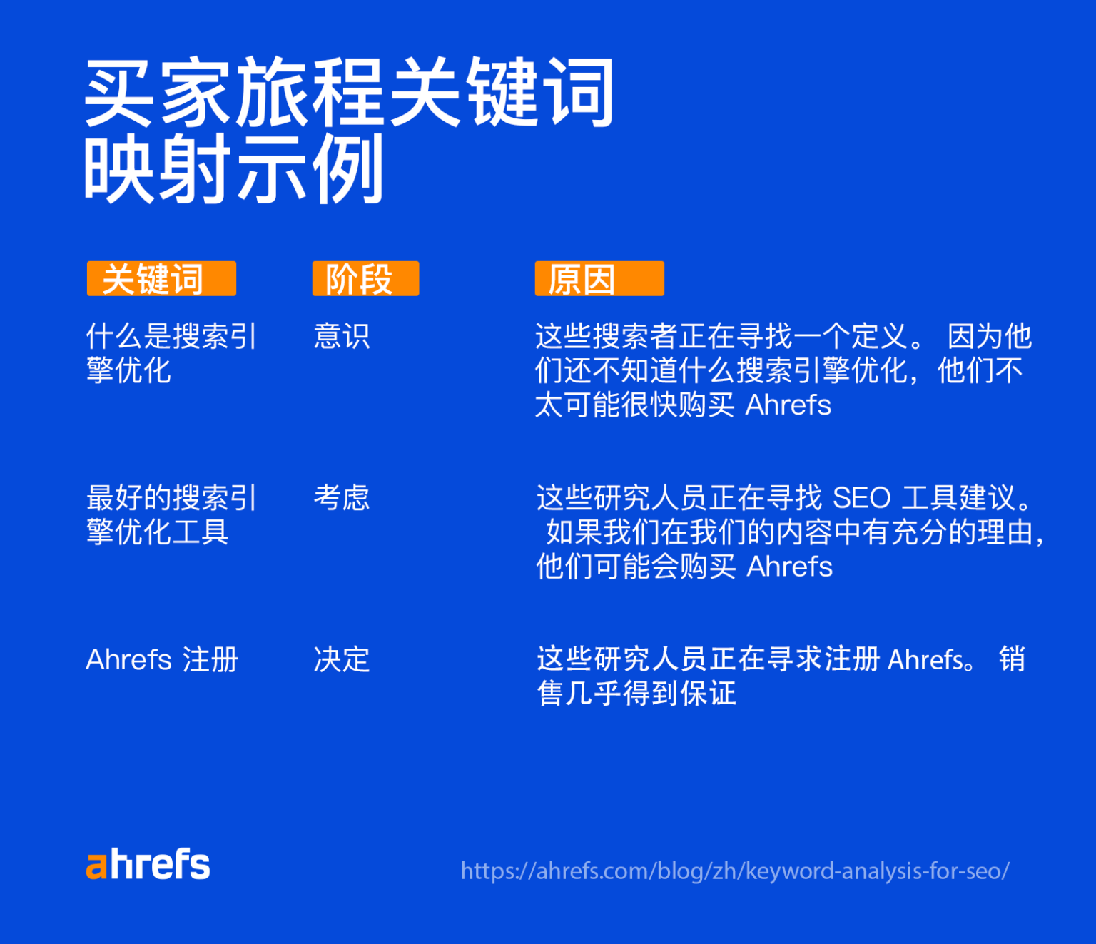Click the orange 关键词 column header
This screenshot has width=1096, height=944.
tap(161, 278)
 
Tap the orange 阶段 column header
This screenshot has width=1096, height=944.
tap(365, 278)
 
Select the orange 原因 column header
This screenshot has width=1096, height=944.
tap(599, 278)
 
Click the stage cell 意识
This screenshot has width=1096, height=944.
tap(342, 336)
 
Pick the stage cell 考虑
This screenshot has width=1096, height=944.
tap(342, 497)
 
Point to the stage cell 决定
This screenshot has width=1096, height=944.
tap(342, 659)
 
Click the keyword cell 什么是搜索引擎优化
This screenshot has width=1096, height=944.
tap(171, 353)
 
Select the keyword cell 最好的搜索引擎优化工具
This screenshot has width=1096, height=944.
tap(171, 514)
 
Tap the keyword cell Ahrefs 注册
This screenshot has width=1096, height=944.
tap(162, 659)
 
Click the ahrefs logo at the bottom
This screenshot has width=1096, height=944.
tap(148, 864)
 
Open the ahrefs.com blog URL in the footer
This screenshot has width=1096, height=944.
tap(735, 871)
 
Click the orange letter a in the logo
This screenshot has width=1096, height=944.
tap(96, 866)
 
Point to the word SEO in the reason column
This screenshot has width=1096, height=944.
tap(861, 497)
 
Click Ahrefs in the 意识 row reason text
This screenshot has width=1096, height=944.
tap(788, 405)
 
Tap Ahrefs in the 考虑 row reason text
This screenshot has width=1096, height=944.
tap(789, 567)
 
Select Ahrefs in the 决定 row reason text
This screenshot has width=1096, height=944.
tap(926, 659)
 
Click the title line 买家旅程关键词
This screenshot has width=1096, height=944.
tap(349, 93)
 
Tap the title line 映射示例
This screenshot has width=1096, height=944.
tap(233, 170)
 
